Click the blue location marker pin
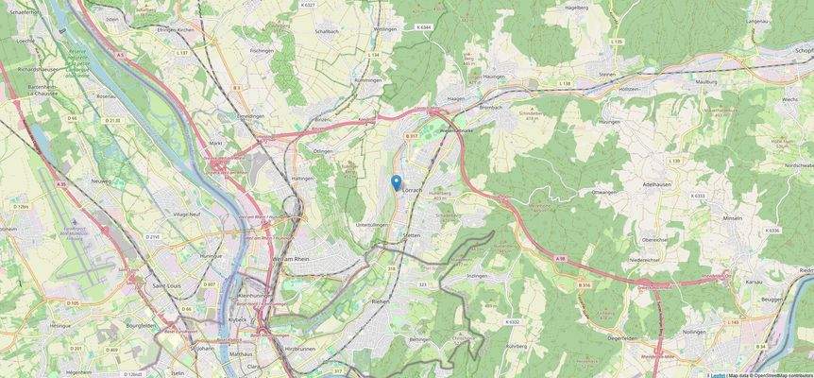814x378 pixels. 397,182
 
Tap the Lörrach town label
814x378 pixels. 413,191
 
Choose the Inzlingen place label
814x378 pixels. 477,276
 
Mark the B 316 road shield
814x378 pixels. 585,283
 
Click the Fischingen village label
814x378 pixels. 262,50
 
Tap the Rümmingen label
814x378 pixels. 368,80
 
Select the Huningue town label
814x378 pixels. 211,256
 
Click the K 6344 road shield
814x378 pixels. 425,27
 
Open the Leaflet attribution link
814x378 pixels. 718,374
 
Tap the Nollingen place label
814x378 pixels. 694,332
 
